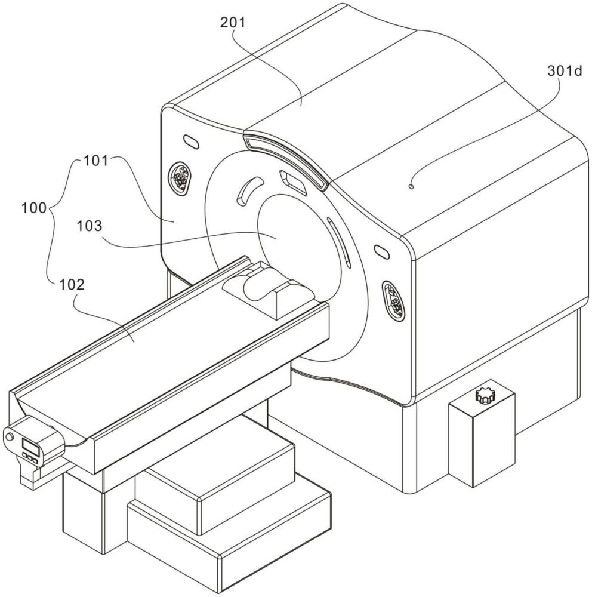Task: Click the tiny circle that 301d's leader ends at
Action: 411,187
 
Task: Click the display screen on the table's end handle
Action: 29,445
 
